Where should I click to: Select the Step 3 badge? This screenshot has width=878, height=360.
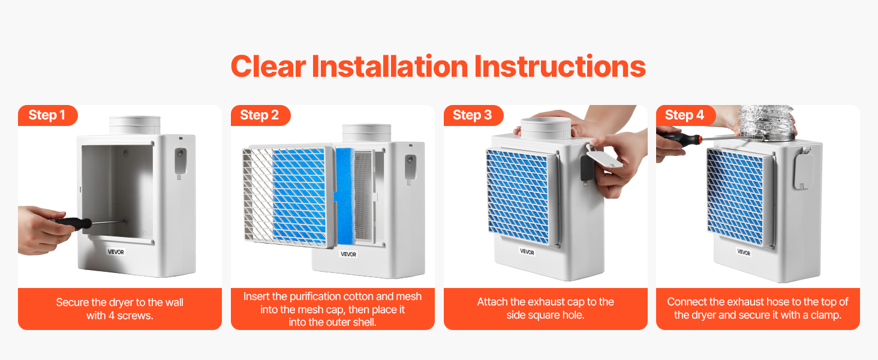pos(474,115)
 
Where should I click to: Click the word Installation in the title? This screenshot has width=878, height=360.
pos(390,66)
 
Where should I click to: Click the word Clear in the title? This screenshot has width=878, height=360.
pos(269,66)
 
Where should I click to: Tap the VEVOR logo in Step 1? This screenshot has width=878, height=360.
pos(116,252)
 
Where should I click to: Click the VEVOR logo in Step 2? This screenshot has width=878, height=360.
pos(348,254)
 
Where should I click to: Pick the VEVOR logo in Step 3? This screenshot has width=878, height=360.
pos(527,251)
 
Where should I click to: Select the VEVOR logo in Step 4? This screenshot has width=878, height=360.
pos(744,252)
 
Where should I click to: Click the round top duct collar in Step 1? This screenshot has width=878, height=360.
pos(134,125)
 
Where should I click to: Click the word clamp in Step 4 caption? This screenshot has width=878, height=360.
pos(824,315)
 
